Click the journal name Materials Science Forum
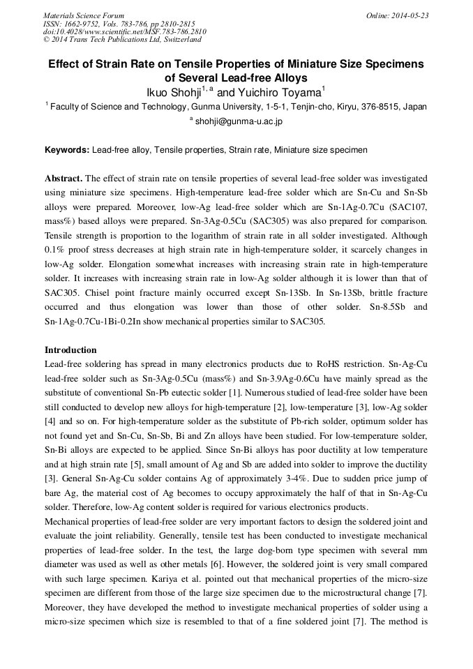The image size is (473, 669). click(x=84, y=15)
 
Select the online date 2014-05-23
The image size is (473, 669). click(x=408, y=15)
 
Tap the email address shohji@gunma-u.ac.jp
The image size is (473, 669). click(x=239, y=121)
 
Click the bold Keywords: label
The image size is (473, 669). click(x=67, y=150)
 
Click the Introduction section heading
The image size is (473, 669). click(x=70, y=349)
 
